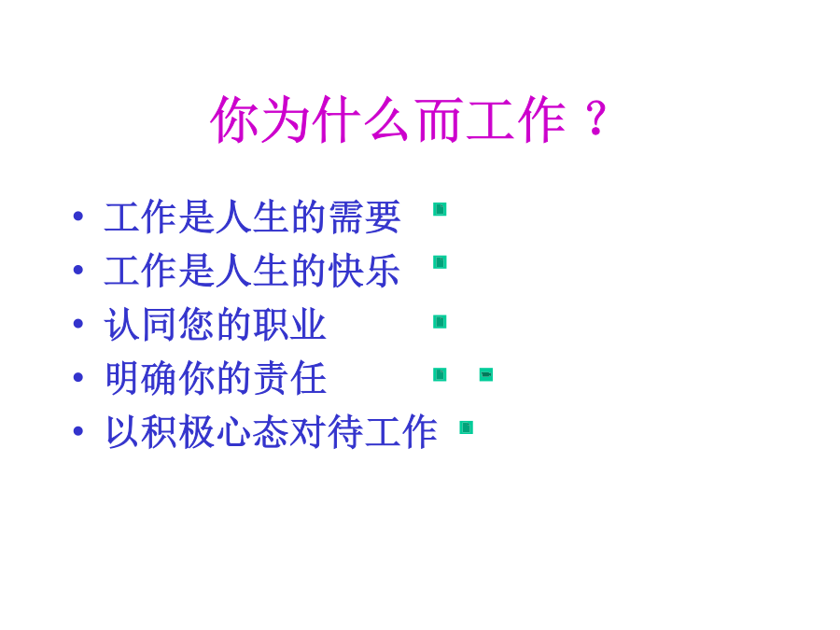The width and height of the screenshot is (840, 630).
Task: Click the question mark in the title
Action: [595, 118]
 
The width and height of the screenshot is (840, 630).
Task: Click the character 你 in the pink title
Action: [235, 119]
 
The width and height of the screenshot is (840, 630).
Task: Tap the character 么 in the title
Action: [388, 119]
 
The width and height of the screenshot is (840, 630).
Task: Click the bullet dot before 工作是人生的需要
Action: [78, 217]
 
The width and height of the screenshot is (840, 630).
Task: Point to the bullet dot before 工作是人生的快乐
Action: [78, 270]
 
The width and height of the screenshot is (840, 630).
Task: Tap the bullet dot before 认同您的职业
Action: [78, 324]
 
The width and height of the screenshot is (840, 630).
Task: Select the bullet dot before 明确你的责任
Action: [78, 377]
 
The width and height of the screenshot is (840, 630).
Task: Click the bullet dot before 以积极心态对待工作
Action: [78, 430]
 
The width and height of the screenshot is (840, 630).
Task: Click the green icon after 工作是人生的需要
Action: [440, 209]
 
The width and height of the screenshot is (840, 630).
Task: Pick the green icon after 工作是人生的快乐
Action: [440, 262]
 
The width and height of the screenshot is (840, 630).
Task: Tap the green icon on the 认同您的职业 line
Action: [440, 322]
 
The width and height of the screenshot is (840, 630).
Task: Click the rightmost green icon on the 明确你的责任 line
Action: [486, 374]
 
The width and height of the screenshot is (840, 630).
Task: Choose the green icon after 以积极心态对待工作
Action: [466, 427]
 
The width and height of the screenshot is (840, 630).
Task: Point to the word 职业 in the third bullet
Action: [290, 324]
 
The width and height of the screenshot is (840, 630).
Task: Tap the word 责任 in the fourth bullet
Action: [290, 378]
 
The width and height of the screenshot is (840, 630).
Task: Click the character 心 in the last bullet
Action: [234, 431]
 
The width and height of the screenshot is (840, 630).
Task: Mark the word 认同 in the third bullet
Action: [142, 324]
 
